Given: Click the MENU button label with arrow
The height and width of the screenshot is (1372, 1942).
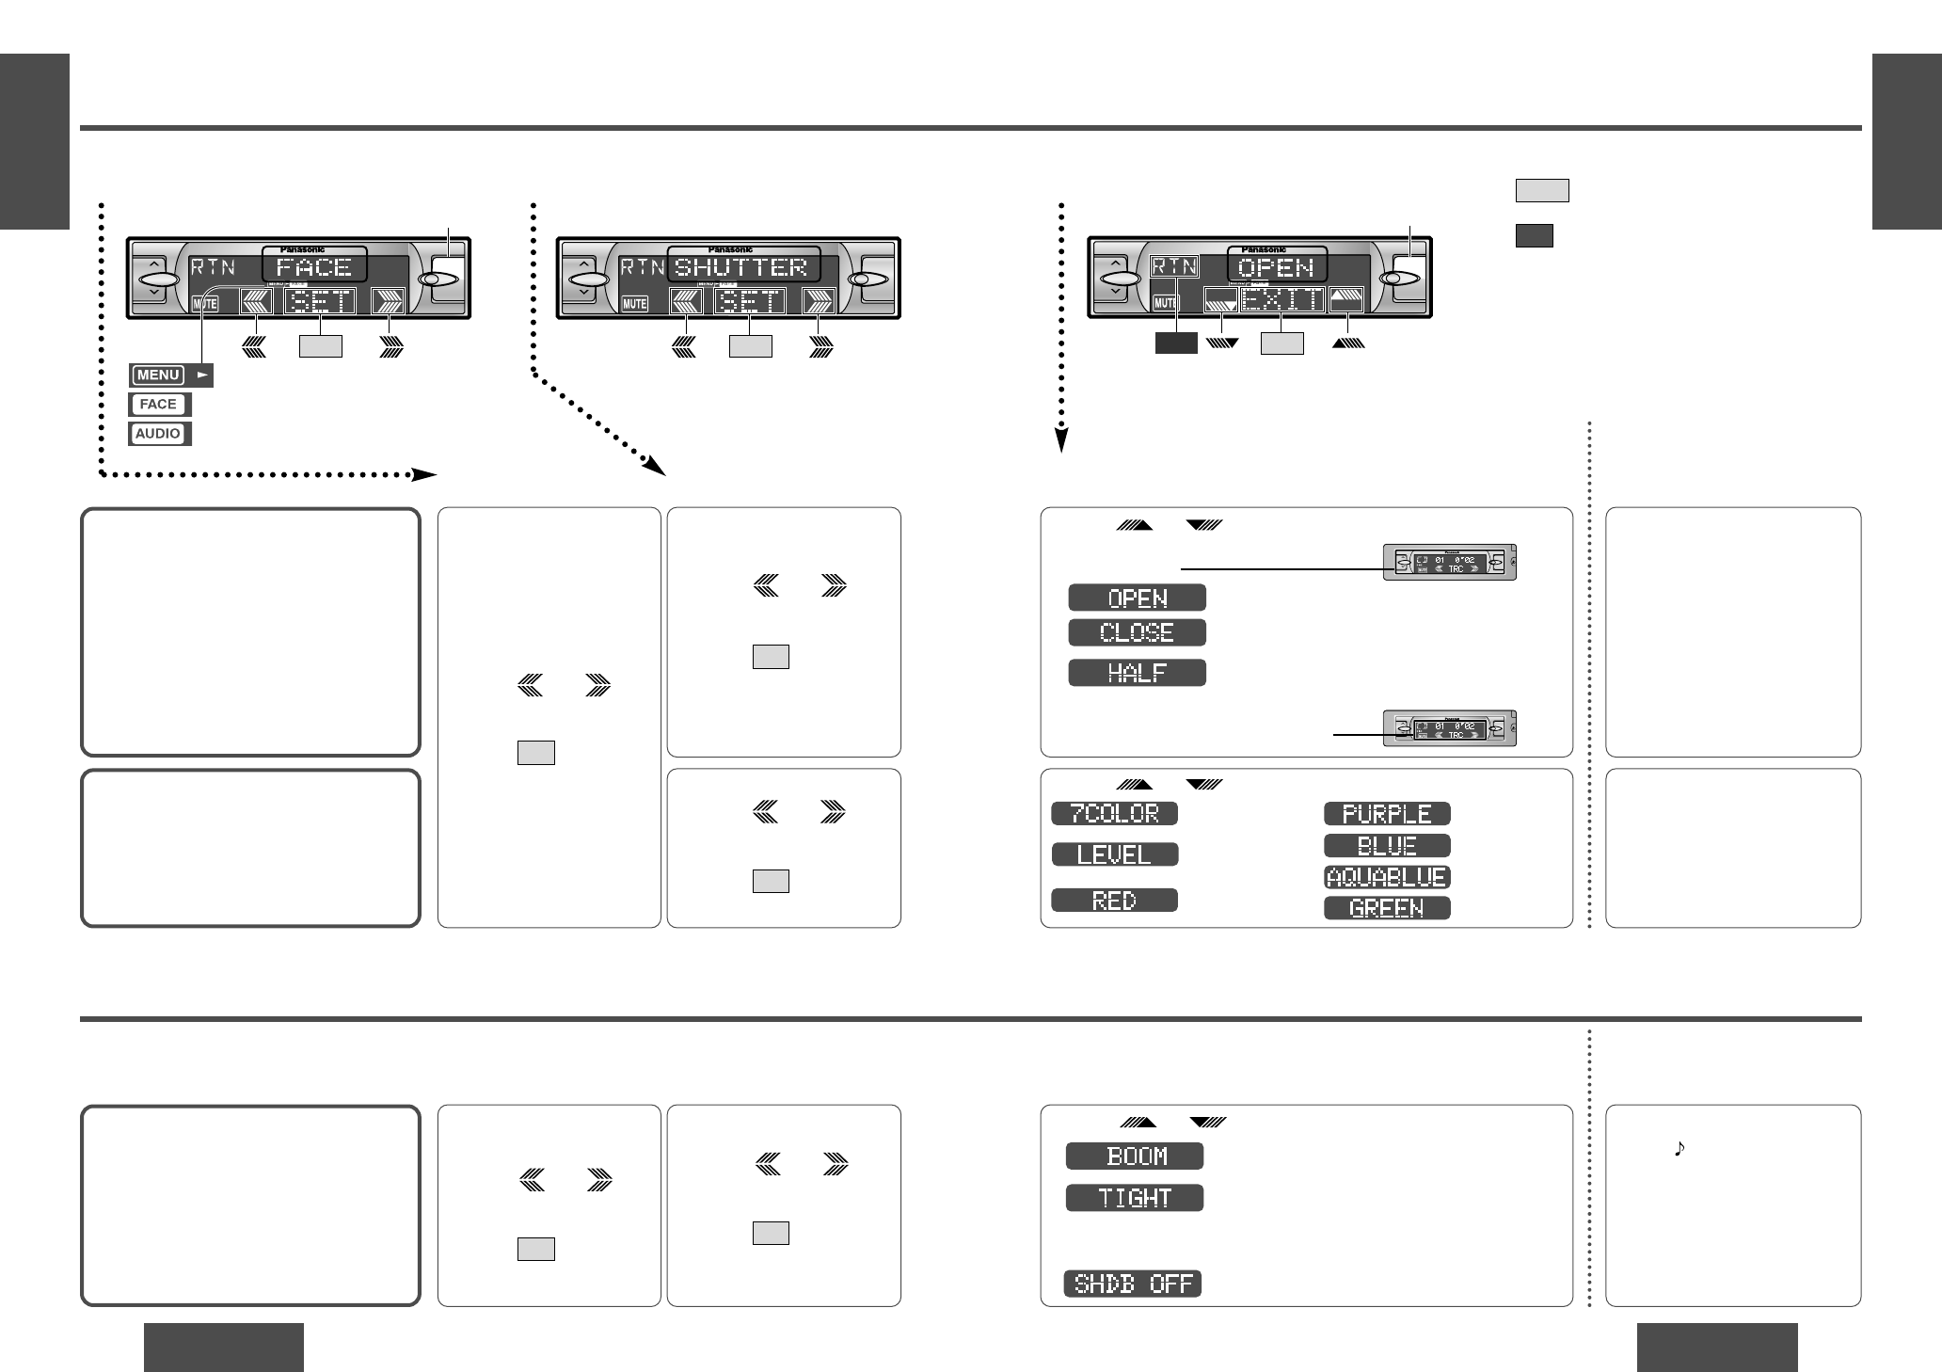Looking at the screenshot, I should (x=170, y=375).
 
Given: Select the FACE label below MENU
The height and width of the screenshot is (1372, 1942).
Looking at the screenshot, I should (x=159, y=405).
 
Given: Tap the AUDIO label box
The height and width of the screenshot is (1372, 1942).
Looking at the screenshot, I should (x=159, y=434).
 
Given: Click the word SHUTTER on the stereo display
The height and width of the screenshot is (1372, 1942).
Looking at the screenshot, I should (x=742, y=267).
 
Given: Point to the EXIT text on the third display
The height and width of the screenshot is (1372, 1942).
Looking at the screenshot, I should (x=1282, y=301).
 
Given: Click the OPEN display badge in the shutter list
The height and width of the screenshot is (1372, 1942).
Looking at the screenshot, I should (x=1137, y=598).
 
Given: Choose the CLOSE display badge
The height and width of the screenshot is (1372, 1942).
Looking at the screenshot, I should (x=1137, y=632).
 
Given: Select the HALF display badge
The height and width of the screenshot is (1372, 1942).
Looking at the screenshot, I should (x=1137, y=673).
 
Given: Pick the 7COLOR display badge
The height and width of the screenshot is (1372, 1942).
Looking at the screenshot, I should (x=1114, y=813).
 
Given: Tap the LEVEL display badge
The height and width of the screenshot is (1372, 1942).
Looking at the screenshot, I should (x=1114, y=854).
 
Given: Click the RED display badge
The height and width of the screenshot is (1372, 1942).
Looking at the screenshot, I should (x=1114, y=901).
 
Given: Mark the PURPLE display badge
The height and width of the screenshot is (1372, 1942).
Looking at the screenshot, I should (x=1387, y=814).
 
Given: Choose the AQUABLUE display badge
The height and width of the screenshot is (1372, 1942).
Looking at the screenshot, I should (x=1387, y=877).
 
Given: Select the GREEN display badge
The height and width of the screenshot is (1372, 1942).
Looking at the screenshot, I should (x=1387, y=908).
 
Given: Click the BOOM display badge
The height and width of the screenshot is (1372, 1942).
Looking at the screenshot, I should (x=1135, y=1157).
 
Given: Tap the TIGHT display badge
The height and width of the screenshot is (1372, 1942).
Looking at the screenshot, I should (x=1135, y=1198).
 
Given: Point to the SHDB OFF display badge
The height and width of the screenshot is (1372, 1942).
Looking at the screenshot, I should (x=1133, y=1284).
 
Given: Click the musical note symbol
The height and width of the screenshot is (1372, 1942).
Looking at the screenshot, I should (x=1679, y=1148).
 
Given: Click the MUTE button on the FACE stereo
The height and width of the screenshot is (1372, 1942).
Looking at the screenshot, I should (x=205, y=304).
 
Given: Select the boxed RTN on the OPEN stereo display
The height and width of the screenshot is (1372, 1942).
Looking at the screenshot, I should (x=1175, y=266).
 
